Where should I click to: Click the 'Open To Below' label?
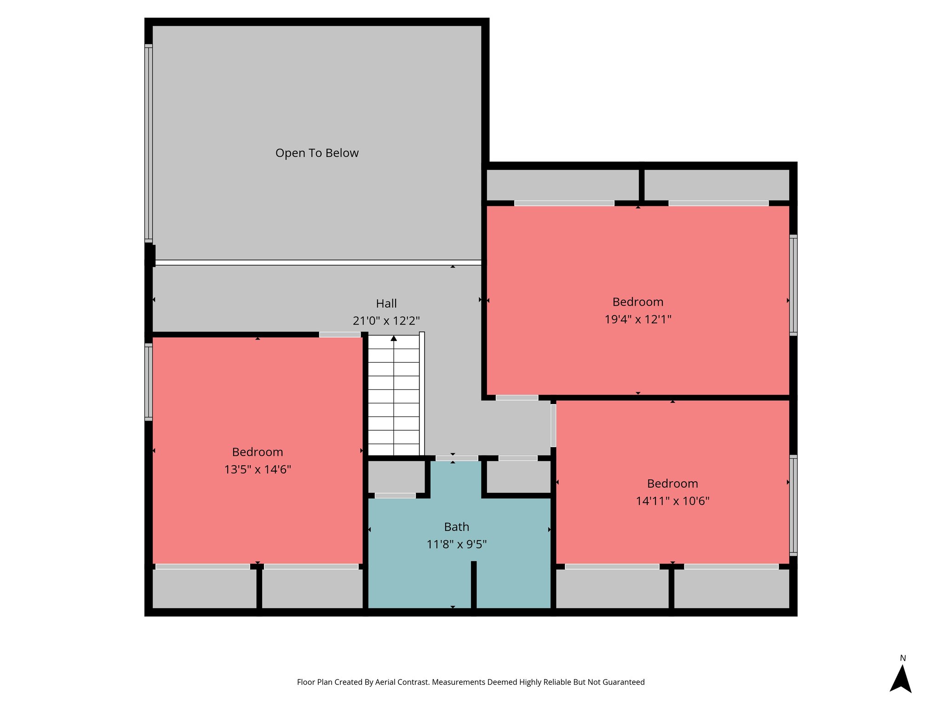317,153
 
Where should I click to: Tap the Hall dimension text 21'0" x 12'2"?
386,321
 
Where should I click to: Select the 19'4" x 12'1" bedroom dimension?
638,319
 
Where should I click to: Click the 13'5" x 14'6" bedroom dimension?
258,469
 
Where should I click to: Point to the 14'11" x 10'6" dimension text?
672,501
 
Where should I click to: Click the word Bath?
456,527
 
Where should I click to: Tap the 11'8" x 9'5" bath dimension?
456,545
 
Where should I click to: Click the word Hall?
386,303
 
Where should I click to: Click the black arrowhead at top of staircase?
394,338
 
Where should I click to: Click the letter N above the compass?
902,658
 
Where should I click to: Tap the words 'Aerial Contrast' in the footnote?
402,682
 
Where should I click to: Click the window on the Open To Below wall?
148,143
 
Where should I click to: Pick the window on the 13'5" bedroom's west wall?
148,382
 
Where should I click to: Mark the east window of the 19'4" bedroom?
793,285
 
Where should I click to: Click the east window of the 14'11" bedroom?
793,506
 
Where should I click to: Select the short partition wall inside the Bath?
473,585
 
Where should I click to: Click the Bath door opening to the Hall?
456,458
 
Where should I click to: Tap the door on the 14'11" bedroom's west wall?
553,425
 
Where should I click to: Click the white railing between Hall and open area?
317,262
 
